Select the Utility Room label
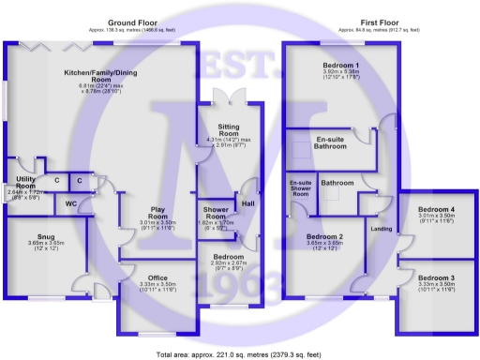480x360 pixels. click(25, 182)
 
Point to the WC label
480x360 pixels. click(71, 202)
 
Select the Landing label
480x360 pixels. click(382, 228)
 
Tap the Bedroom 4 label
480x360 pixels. click(436, 209)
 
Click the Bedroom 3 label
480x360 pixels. click(436, 278)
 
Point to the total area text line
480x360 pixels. click(240, 354)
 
